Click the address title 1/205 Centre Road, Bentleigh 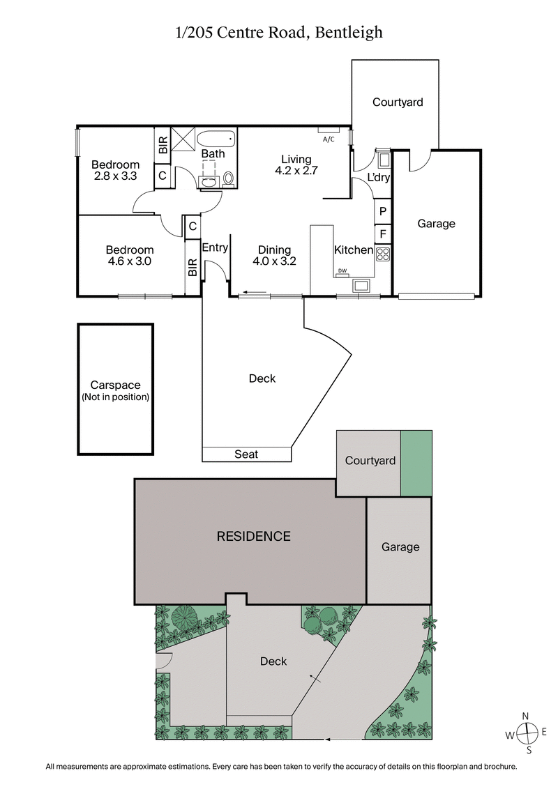point(279,32)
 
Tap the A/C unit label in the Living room point(329,139)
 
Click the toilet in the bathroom point(229,179)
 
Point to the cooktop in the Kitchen point(383,253)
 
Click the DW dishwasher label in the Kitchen point(342,271)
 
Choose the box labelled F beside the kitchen point(383,233)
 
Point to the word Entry point(215,247)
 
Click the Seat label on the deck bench point(246,454)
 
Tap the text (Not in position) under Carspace point(116,397)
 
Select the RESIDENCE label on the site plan point(253,536)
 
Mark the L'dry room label point(379,178)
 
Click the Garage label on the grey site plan point(400,547)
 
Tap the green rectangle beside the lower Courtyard point(416,464)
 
